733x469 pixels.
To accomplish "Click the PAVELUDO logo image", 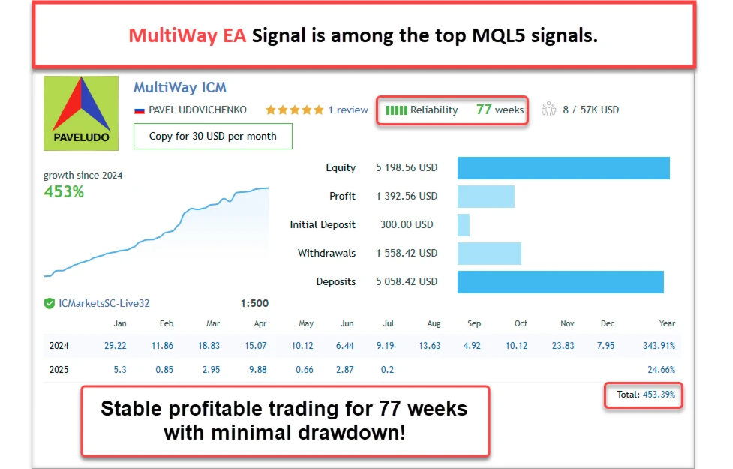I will coord(81,110).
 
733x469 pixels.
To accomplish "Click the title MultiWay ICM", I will coord(180,88).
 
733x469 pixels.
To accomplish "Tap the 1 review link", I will coord(348,110).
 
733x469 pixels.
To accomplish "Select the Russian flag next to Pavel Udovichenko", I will coord(139,110).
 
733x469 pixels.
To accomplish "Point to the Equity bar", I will coord(563,168).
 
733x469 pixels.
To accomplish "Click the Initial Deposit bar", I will coord(463,225).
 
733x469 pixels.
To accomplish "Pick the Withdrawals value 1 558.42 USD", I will coord(407,254).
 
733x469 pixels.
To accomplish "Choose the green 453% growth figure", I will coord(64,192).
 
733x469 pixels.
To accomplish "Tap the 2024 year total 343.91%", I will coord(659,346).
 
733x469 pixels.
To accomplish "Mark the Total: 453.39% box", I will coord(644,395).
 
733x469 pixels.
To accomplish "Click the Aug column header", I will coord(434,323).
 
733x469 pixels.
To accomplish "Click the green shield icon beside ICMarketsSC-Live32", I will coord(50,304).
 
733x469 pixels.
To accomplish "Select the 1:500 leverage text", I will coord(254,304).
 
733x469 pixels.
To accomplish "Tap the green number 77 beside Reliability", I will coord(484,110).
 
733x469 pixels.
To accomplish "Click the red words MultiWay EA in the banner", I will coord(187,36).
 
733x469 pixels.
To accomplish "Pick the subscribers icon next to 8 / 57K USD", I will coord(548,110).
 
